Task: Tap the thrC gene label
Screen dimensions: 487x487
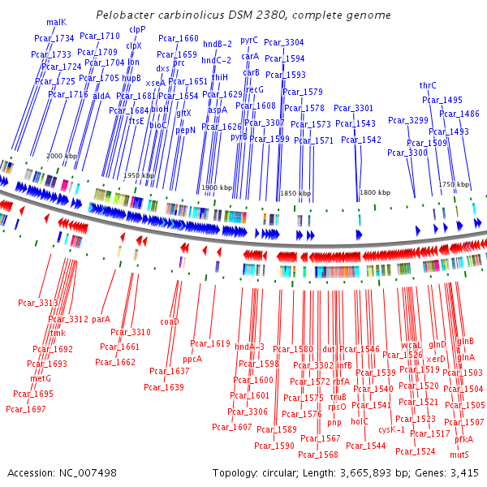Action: (428, 85)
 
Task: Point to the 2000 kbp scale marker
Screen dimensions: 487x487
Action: (62, 156)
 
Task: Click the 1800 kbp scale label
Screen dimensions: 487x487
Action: (373, 192)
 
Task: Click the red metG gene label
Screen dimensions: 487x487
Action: (41, 378)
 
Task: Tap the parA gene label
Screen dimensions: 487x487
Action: (101, 319)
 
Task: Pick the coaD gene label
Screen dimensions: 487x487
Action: (169, 321)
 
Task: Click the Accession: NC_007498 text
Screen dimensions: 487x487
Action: (62, 472)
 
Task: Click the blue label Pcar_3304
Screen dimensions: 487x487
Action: (284, 42)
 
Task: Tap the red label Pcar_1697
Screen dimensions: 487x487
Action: (26, 408)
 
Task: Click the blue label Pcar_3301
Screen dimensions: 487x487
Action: (354, 109)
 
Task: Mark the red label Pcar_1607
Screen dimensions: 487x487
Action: (232, 427)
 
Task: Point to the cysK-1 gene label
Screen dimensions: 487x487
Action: (391, 429)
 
